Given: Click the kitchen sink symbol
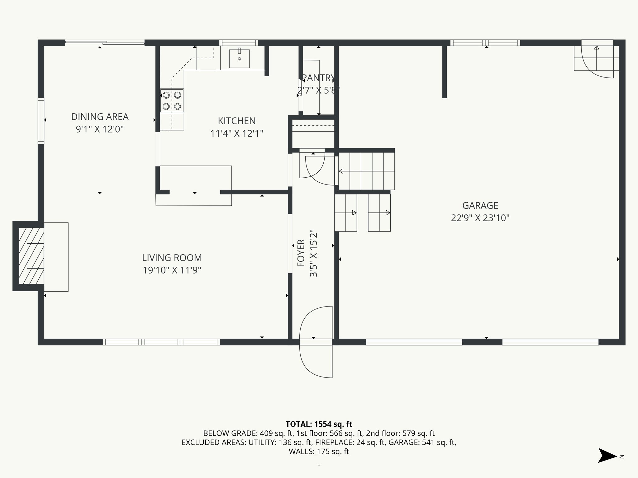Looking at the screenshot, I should pos(239,59).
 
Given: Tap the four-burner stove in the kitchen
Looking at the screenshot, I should pos(172,101).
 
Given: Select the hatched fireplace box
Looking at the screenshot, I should pos(31,256).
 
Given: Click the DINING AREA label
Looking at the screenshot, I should pos(100,117).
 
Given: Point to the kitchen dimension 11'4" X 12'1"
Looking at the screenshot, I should pos(237,134).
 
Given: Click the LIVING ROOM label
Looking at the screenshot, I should pos(172,258).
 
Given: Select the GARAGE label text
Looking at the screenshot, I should pos(480,205).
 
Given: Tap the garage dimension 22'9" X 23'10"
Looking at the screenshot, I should pos(480,218).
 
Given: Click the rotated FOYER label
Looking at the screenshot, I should pos(301,253).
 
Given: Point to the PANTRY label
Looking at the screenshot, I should pos(318,78).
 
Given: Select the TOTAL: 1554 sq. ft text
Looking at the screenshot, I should pos(319,424).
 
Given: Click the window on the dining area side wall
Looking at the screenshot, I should pos(41,121).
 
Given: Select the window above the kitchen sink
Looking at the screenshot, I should pos(239,43).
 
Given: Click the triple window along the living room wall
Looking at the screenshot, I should pos(161,342).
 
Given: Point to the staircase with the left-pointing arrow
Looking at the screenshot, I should pos(366,171).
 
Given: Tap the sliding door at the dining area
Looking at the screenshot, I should pos(105,43).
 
